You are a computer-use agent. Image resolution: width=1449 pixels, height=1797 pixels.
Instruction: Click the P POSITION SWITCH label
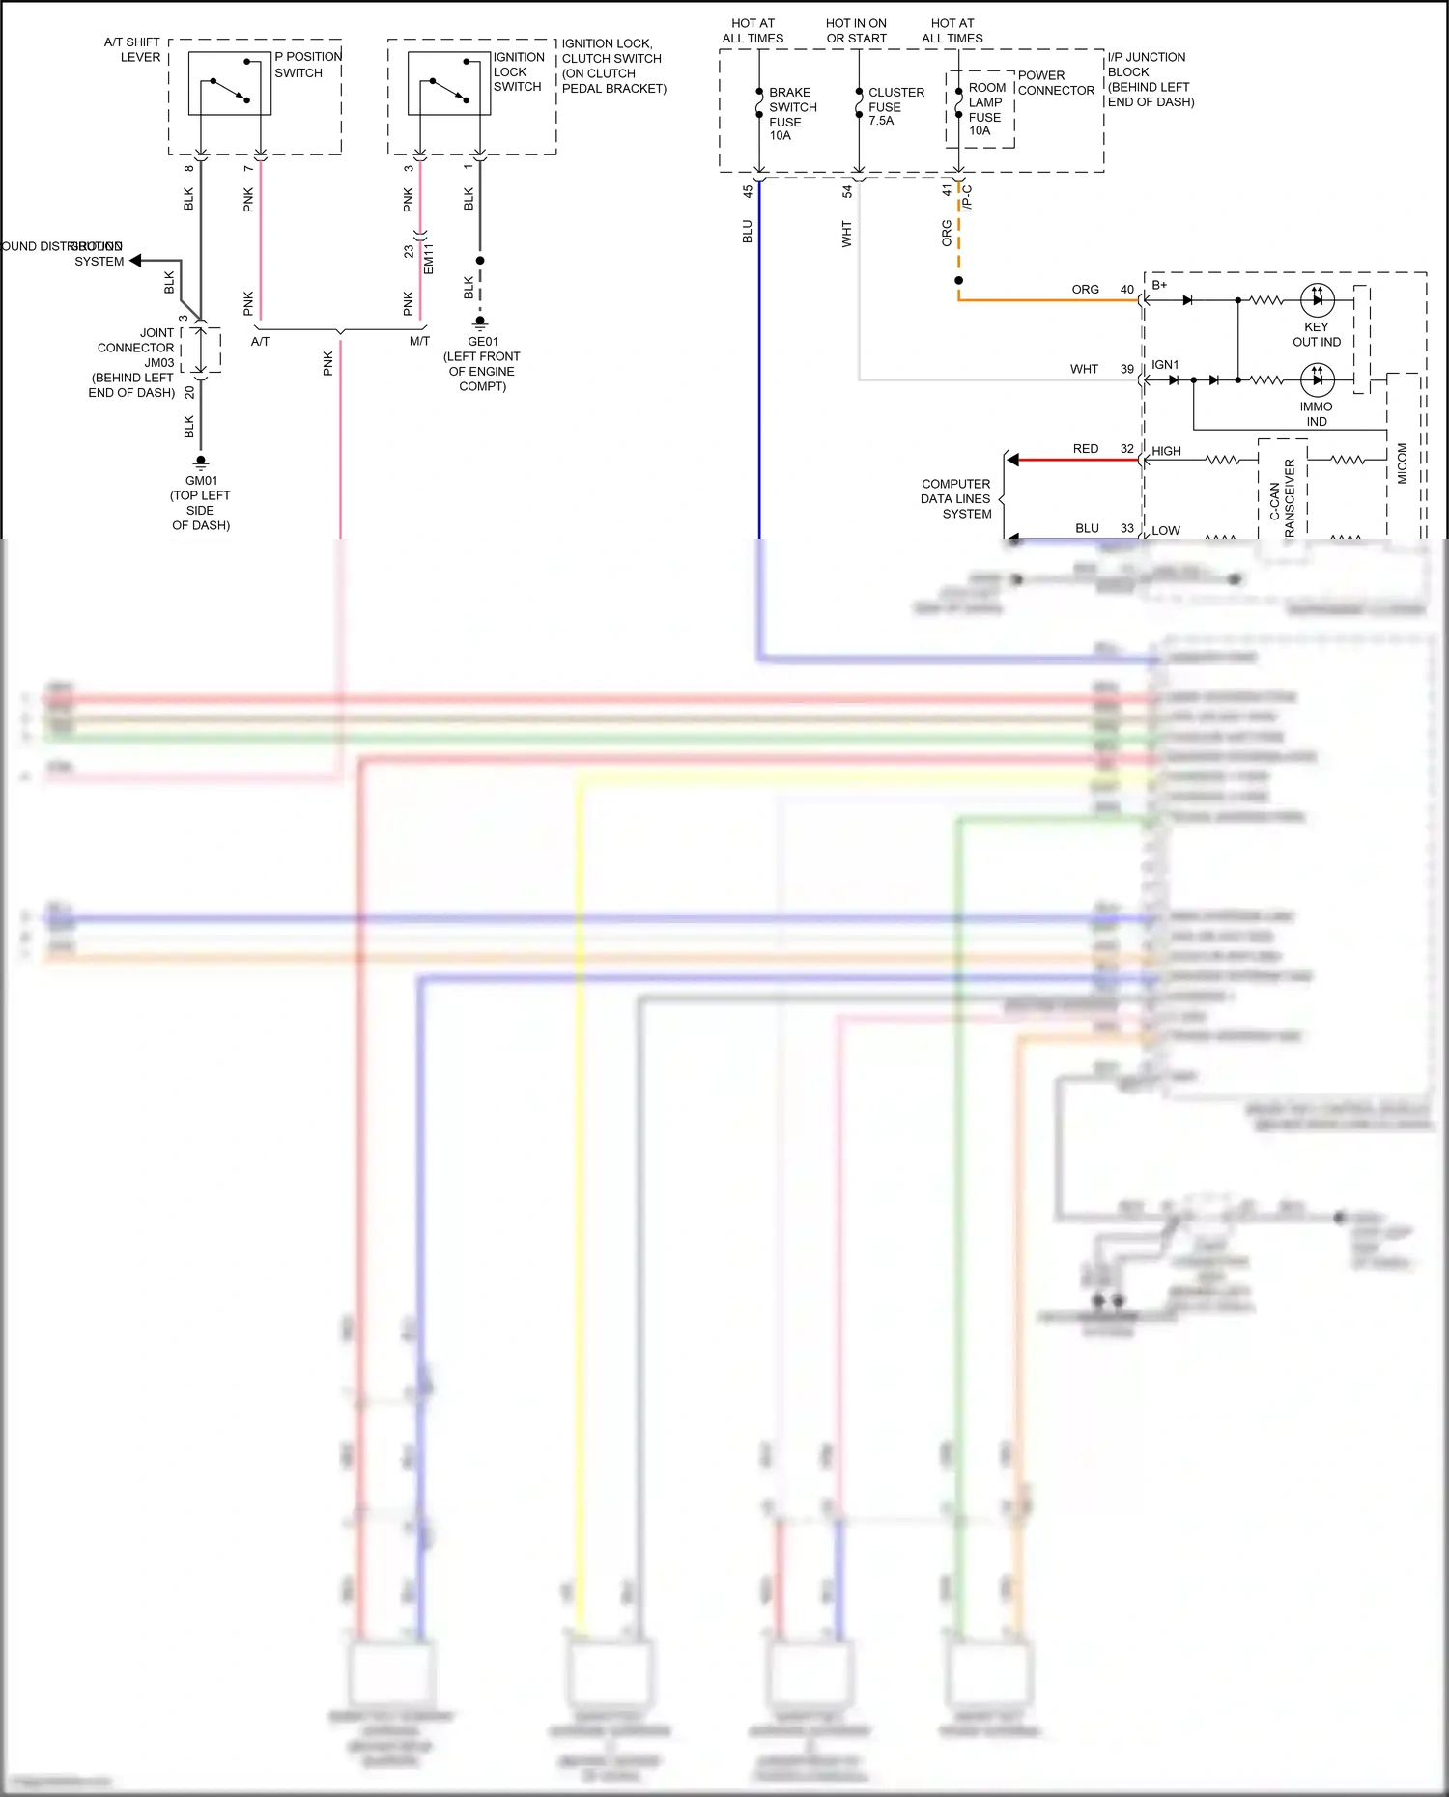pyautogui.click(x=307, y=65)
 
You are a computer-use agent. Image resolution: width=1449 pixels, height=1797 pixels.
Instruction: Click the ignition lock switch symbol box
pyautogui.click(x=449, y=84)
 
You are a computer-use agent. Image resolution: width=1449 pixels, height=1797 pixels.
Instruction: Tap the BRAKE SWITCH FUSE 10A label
pyautogui.click(x=792, y=114)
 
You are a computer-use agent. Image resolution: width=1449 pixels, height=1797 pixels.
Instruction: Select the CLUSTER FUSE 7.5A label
pyautogui.click(x=895, y=106)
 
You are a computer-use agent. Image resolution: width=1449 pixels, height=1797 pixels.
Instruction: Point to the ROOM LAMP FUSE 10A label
pyautogui.click(x=986, y=109)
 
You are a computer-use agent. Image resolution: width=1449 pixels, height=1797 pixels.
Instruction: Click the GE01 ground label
pyautogui.click(x=482, y=363)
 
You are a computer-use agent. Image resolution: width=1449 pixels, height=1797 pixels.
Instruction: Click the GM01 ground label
pyautogui.click(x=201, y=502)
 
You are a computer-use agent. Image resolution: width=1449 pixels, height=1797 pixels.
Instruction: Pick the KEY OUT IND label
pyautogui.click(x=1316, y=334)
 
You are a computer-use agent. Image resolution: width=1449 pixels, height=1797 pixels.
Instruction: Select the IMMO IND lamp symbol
pyautogui.click(x=1317, y=379)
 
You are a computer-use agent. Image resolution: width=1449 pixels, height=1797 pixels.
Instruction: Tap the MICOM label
pyautogui.click(x=1402, y=463)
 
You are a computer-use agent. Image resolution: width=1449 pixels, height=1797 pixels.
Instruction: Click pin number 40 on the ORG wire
pyautogui.click(x=1126, y=290)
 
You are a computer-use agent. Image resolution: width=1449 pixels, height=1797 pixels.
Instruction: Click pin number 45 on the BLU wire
pyautogui.click(x=747, y=192)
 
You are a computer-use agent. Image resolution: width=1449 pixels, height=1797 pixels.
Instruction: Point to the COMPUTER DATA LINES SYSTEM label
pyautogui.click(x=955, y=498)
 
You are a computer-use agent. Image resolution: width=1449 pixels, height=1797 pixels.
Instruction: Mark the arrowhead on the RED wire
pyautogui.click(x=1012, y=460)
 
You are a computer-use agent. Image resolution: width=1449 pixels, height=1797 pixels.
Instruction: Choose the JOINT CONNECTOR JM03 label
pyautogui.click(x=135, y=362)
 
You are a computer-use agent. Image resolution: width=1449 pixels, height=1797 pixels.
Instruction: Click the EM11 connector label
pyautogui.click(x=428, y=258)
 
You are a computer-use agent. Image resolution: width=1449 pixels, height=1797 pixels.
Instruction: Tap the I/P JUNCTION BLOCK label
pyautogui.click(x=1150, y=79)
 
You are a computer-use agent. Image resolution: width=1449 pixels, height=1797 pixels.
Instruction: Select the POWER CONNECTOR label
pyautogui.click(x=1055, y=83)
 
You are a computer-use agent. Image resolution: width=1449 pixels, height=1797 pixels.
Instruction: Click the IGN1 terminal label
pyautogui.click(x=1164, y=365)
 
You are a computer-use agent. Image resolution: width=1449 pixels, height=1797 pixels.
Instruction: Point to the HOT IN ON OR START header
pyautogui.click(x=856, y=31)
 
